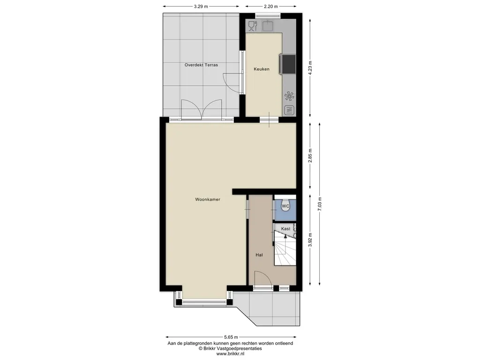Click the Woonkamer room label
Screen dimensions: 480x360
(208, 199)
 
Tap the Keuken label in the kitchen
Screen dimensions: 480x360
(262, 69)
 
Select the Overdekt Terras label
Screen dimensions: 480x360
(201, 65)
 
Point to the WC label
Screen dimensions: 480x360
(285, 206)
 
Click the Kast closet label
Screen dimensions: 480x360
(285, 229)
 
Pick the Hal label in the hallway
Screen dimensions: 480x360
(259, 255)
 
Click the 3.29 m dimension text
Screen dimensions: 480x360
(201, 7)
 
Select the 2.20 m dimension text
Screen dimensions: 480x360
(271, 7)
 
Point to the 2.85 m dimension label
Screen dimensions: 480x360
(310, 156)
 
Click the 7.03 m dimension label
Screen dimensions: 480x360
(320, 204)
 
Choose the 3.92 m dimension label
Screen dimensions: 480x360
(310, 240)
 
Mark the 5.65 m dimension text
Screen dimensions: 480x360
(231, 337)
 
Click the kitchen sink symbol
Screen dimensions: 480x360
(268, 26)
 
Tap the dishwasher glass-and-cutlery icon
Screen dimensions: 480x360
(253, 26)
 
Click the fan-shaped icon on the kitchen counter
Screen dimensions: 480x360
(289, 96)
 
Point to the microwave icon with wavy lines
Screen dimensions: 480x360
(289, 110)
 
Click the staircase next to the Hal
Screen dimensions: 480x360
(285, 248)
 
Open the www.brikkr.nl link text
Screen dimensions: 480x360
(230, 354)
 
